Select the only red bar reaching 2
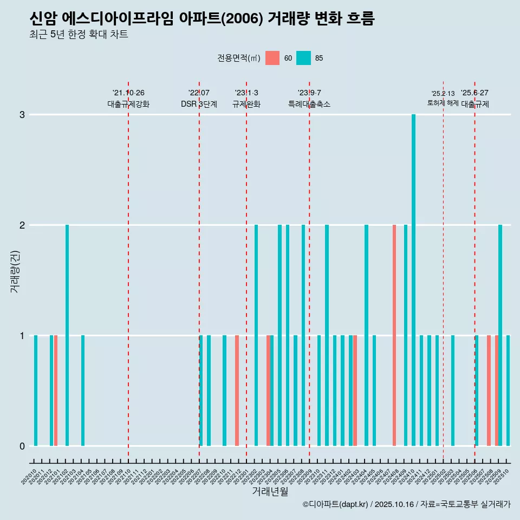point(394,335)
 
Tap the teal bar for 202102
point(67,335)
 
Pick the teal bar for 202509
point(500,335)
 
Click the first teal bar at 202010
point(36,391)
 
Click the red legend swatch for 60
point(272,58)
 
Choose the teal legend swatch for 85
point(303,58)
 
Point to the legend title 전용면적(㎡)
point(238,58)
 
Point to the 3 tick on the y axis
point(22,115)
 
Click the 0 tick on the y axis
point(22,446)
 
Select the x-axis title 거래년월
point(270,491)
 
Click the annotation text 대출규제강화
point(128,104)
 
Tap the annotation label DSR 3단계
point(199,104)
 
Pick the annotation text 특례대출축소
point(309,104)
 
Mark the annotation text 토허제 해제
point(443,103)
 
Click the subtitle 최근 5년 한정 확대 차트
point(79,35)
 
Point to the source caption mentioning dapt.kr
point(406,504)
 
